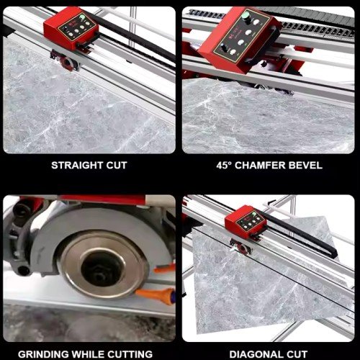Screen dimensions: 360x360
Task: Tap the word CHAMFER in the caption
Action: click(x=260, y=166)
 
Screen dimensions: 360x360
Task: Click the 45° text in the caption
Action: click(x=224, y=166)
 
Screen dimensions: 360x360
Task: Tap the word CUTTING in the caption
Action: click(x=130, y=354)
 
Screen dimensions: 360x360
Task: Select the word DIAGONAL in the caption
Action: click(x=256, y=354)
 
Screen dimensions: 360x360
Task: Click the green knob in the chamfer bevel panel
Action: click(x=246, y=15)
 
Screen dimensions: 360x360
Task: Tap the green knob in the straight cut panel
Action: click(x=82, y=17)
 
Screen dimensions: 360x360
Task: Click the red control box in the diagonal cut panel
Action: click(x=246, y=222)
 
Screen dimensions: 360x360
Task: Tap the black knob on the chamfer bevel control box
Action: click(x=224, y=48)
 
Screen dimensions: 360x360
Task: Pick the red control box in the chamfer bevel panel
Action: click(x=239, y=40)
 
